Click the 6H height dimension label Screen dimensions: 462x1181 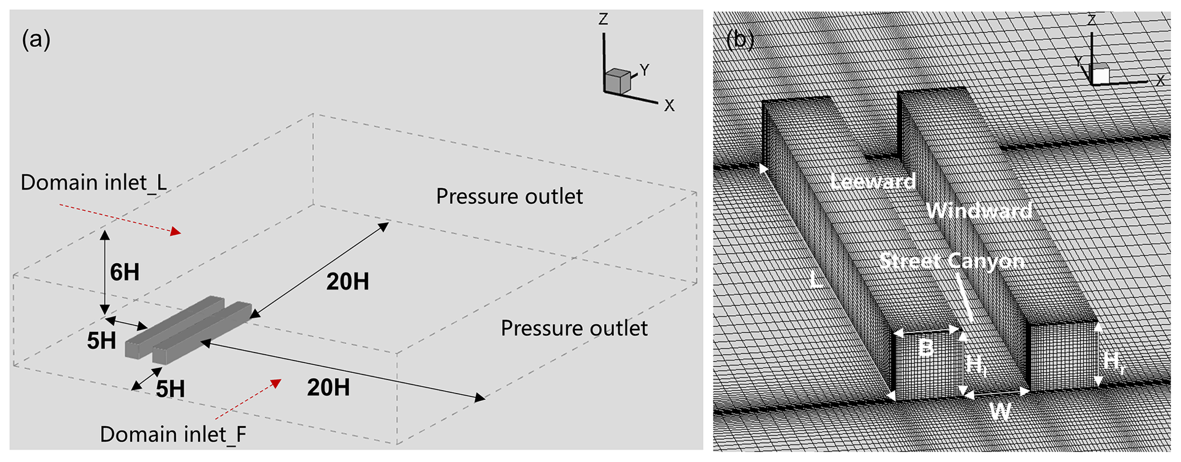click(125, 272)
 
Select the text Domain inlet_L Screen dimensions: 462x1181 click(94, 183)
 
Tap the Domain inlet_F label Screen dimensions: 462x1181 click(173, 435)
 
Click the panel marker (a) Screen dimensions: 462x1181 click(36, 40)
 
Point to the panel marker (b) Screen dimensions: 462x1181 click(740, 39)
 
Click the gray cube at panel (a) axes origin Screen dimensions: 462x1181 click(617, 82)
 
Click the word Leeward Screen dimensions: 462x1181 click(872, 182)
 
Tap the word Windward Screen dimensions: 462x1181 click(979, 211)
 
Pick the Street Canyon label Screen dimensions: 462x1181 click(951, 261)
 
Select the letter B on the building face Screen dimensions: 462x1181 click(925, 348)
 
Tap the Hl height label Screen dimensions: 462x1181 click(976, 364)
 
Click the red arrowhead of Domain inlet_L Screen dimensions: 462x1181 click(176, 231)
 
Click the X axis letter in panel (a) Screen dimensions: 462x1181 click(669, 106)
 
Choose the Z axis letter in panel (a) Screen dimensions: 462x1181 click(603, 19)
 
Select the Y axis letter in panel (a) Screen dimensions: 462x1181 click(644, 70)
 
